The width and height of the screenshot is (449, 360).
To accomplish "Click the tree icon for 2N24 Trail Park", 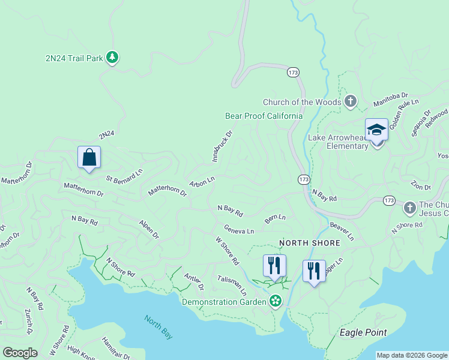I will (112, 58).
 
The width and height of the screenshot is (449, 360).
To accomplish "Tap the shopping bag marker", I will (89, 158).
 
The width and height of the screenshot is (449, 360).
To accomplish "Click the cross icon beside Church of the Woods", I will (351, 101).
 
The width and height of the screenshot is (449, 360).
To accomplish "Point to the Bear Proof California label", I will (264, 116).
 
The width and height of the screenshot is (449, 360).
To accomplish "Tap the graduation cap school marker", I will (376, 130).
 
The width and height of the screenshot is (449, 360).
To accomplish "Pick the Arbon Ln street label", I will (202, 181).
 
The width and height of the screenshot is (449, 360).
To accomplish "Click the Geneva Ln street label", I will (239, 229).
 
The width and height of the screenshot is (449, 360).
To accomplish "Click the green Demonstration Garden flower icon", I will (275, 301).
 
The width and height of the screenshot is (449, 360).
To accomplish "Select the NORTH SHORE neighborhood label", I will (310, 243).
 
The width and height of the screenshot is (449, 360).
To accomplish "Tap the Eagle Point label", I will (363, 332).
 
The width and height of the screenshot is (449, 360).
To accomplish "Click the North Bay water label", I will (157, 326).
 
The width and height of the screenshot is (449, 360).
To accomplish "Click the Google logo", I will (20, 353).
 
